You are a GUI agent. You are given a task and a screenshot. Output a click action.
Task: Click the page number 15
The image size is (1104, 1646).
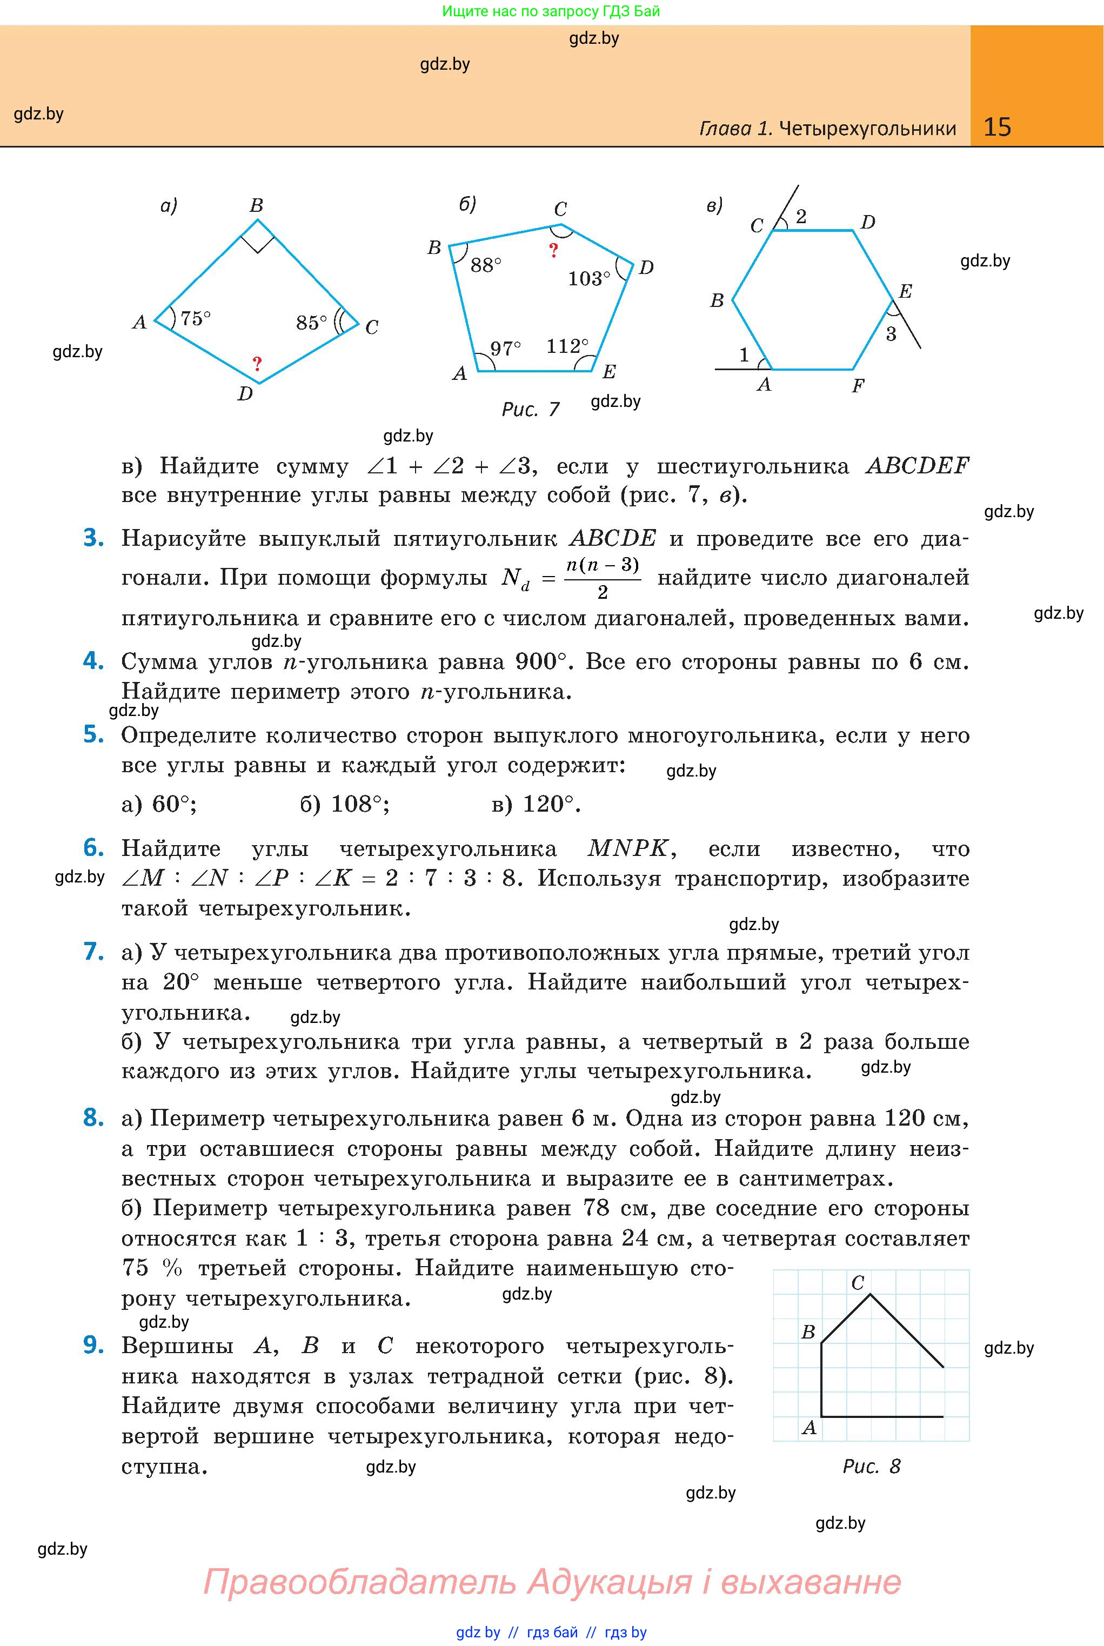(x=997, y=127)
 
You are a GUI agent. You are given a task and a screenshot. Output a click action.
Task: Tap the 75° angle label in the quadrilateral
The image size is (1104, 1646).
(x=195, y=319)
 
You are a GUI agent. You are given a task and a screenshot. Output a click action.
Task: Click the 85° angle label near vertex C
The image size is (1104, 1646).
(x=311, y=323)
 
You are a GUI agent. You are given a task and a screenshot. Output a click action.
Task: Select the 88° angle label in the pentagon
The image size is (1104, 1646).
(x=486, y=265)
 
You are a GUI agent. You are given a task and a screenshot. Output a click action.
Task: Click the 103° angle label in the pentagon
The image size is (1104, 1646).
(x=588, y=279)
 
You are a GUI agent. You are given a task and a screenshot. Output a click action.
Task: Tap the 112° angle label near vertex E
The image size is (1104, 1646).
(x=567, y=346)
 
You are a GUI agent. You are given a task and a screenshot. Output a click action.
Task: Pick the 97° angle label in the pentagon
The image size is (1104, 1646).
(x=506, y=349)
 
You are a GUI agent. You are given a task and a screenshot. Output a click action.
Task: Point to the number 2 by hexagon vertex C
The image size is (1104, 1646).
(x=800, y=217)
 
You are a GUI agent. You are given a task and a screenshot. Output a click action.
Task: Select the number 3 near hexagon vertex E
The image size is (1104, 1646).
(x=891, y=334)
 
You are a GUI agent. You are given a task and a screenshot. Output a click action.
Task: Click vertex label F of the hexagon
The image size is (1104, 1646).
(x=858, y=385)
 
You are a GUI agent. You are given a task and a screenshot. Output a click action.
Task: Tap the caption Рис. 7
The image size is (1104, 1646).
(x=530, y=409)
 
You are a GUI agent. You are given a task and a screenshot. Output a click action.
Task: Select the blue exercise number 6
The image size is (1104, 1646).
(x=93, y=848)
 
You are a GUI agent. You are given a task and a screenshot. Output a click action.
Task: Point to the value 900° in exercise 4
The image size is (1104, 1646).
(x=541, y=662)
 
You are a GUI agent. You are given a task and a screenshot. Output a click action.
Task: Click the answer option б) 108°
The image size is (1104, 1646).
(x=344, y=804)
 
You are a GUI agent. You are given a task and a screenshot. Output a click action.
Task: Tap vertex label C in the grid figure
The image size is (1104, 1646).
(x=858, y=1283)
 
